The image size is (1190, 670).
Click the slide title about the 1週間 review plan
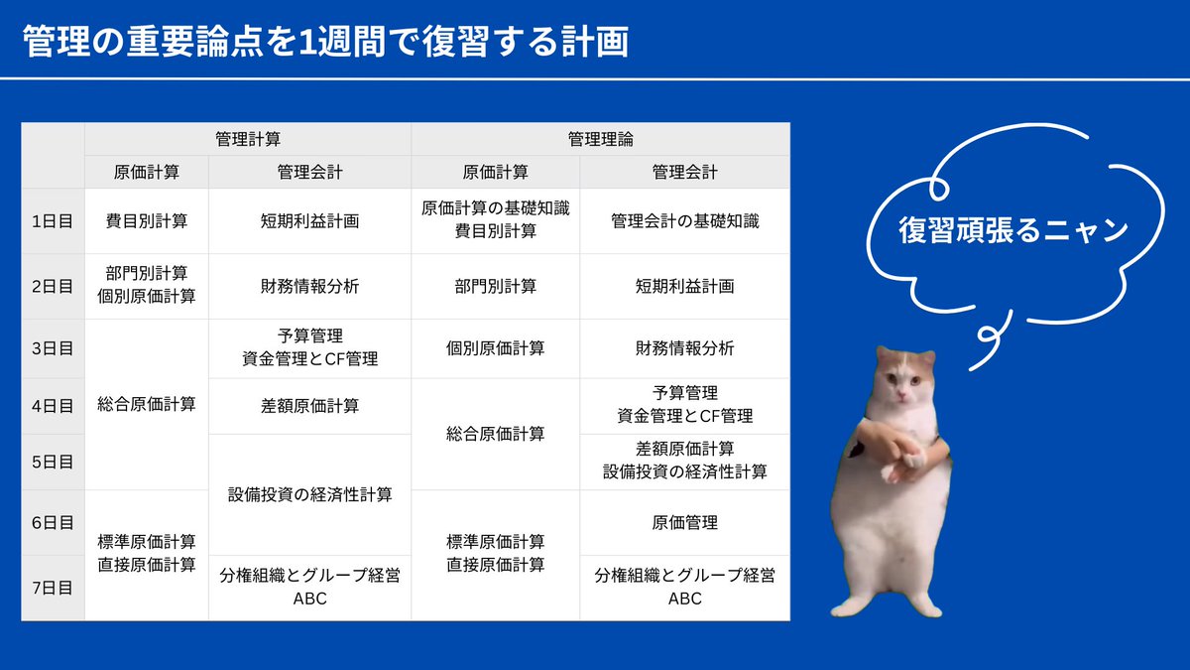click(325, 43)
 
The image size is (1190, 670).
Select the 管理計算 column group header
click(247, 139)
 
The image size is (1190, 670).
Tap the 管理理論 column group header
click(600, 139)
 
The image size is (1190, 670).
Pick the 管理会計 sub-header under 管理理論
click(684, 172)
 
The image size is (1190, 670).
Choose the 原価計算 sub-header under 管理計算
click(147, 172)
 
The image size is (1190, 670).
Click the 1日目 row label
click(53, 221)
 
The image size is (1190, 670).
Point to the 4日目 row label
click(53, 406)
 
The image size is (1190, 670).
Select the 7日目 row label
click(53, 588)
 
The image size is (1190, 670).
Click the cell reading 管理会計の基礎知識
click(684, 221)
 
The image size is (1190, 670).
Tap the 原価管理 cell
click(684, 522)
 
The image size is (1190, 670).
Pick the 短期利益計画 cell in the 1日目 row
click(309, 221)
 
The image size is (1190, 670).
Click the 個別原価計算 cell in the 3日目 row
click(495, 348)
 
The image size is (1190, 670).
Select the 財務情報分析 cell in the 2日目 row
click(309, 286)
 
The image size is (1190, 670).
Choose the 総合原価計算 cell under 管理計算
click(147, 404)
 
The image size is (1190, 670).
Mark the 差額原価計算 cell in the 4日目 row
click(309, 406)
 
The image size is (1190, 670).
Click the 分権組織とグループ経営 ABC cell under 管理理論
click(684, 587)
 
